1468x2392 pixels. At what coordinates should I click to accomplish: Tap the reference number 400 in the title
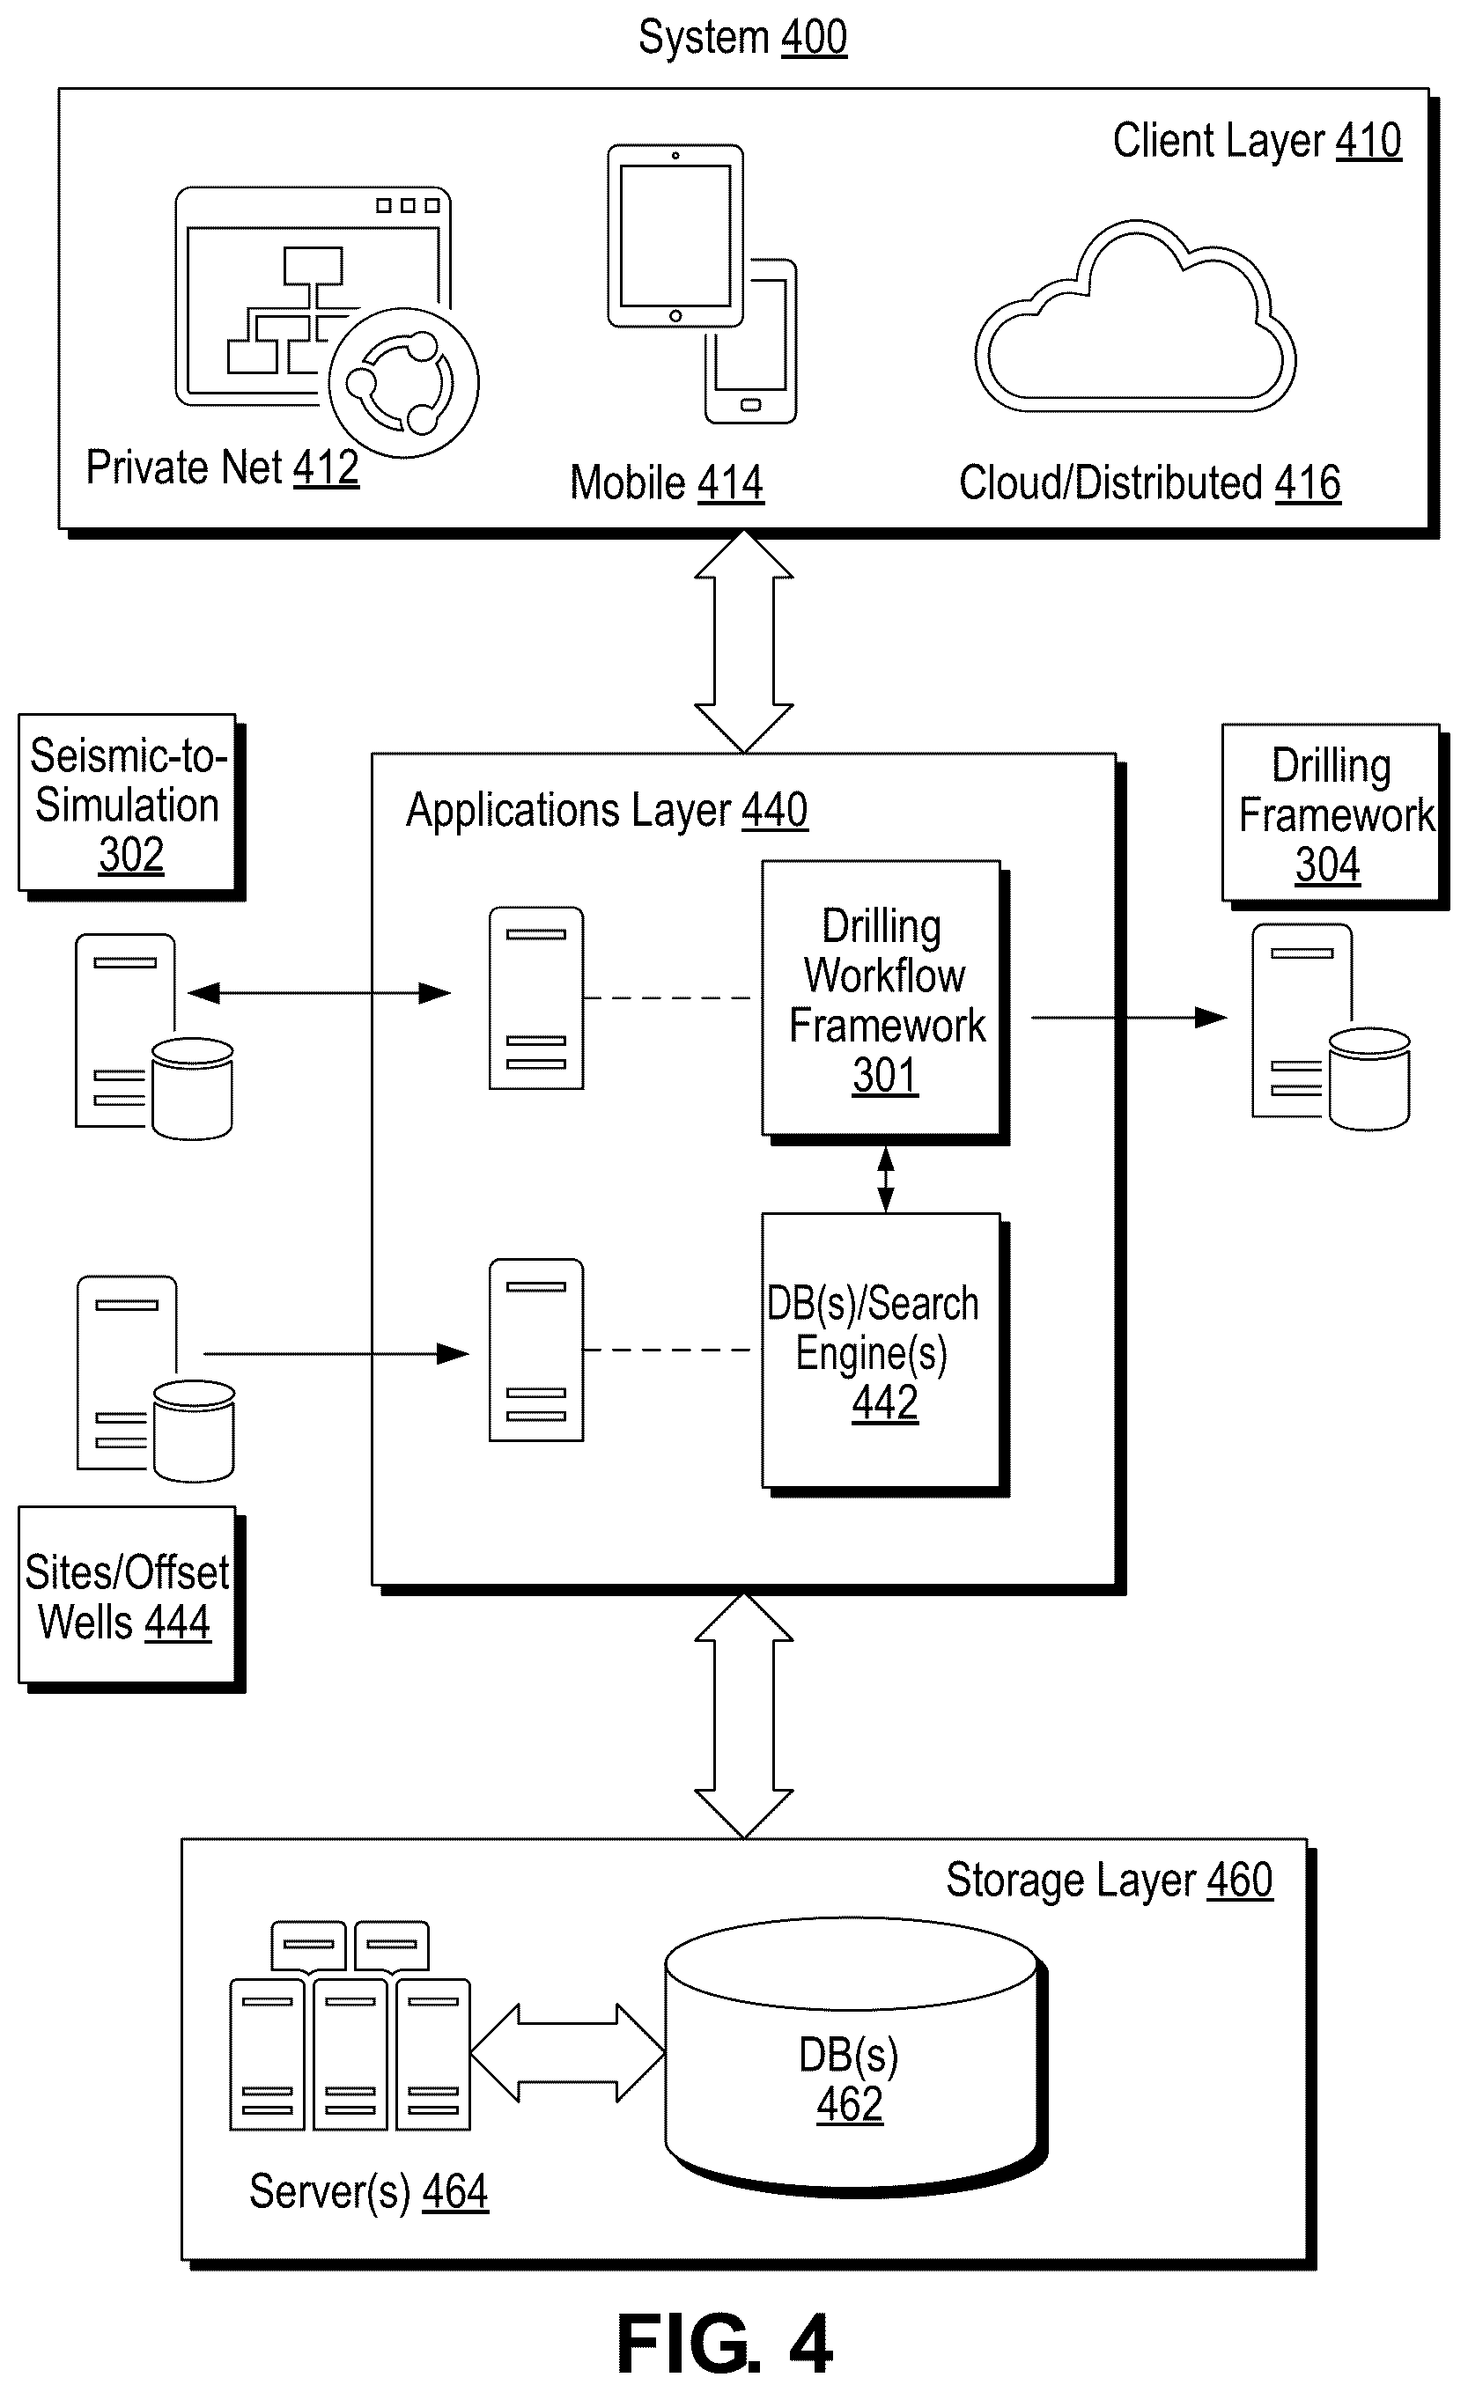click(x=814, y=38)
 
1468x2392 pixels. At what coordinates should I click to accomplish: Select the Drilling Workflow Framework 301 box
click(x=882, y=998)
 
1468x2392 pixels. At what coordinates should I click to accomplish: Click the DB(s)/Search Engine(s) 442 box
click(x=882, y=1351)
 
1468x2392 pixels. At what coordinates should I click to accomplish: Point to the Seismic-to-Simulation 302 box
click(x=129, y=804)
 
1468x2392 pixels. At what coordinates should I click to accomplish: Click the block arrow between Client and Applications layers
click(x=744, y=641)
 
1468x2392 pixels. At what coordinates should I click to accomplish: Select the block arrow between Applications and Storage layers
click(x=744, y=1715)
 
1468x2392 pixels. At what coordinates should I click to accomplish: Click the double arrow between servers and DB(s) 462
click(x=567, y=2052)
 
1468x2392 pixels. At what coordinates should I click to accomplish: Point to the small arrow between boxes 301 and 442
click(x=885, y=1180)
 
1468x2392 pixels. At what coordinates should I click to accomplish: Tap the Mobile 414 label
click(x=667, y=482)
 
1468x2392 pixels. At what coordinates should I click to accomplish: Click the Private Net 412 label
click(x=222, y=467)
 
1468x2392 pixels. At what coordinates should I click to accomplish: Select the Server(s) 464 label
click(x=369, y=2191)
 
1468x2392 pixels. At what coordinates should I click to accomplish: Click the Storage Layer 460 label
click(x=1110, y=1880)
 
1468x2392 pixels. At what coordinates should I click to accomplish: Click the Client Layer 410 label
click(x=1258, y=141)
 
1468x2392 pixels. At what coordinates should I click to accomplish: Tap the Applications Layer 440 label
click(x=607, y=810)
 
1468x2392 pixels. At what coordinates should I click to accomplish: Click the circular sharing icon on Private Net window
click(x=404, y=382)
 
